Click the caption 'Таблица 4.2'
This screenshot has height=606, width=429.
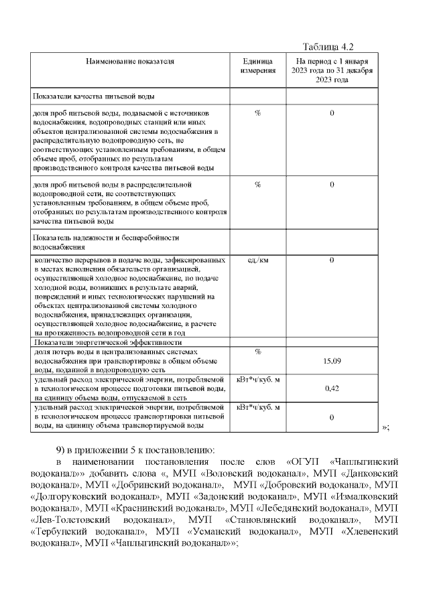[328, 46]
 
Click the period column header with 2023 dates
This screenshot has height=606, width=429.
[332, 70]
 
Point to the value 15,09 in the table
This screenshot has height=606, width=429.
[332, 361]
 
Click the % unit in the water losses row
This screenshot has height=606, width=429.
[258, 352]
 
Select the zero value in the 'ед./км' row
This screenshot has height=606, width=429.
[332, 260]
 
